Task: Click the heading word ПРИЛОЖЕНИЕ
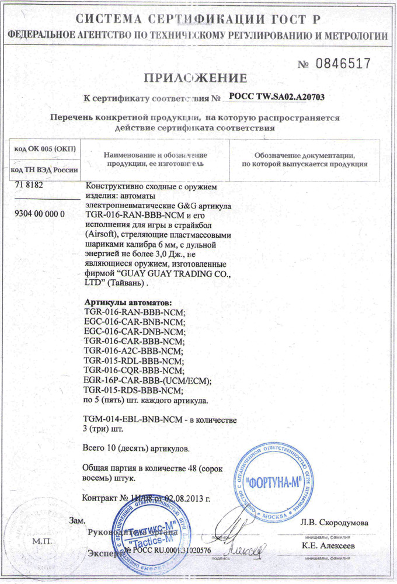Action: click(196, 78)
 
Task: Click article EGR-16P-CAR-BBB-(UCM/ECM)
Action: click(148, 380)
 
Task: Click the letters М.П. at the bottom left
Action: click(42, 541)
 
